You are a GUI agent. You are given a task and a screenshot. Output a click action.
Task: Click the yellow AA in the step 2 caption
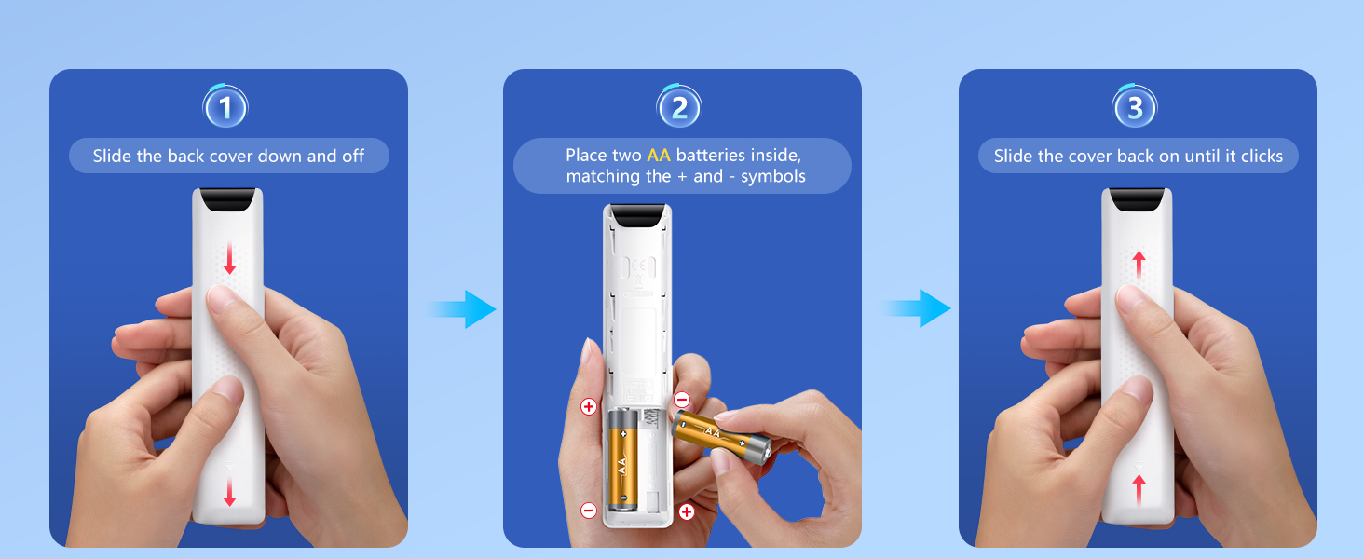[659, 155]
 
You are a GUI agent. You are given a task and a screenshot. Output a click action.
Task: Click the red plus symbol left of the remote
[588, 406]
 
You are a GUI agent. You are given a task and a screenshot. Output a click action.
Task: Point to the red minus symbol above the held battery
[681, 400]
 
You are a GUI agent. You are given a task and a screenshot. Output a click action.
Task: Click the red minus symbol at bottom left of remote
[588, 510]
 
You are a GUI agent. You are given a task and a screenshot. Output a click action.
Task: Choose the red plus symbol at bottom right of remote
[687, 511]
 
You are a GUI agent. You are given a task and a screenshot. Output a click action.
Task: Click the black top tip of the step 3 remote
[1138, 198]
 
